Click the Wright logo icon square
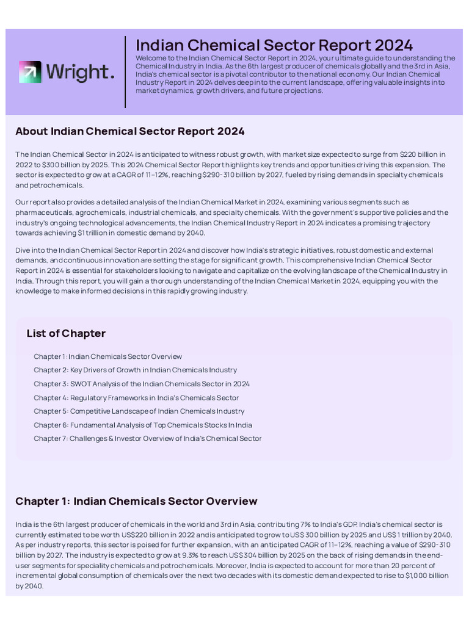tap(29, 72)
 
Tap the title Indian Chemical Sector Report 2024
tap(274, 45)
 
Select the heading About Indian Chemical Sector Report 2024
tap(129, 131)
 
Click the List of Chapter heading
tap(66, 333)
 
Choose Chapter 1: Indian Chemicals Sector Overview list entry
tap(107, 356)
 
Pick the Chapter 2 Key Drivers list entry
tap(135, 370)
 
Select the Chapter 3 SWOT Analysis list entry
tap(142, 384)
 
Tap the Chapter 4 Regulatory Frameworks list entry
tap(136, 397)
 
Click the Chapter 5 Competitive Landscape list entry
tap(139, 411)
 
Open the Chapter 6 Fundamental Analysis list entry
tap(143, 425)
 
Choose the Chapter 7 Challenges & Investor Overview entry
tap(147, 438)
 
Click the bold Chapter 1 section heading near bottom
tap(136, 501)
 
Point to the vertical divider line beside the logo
tap(125, 72)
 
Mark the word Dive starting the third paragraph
tap(23, 250)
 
